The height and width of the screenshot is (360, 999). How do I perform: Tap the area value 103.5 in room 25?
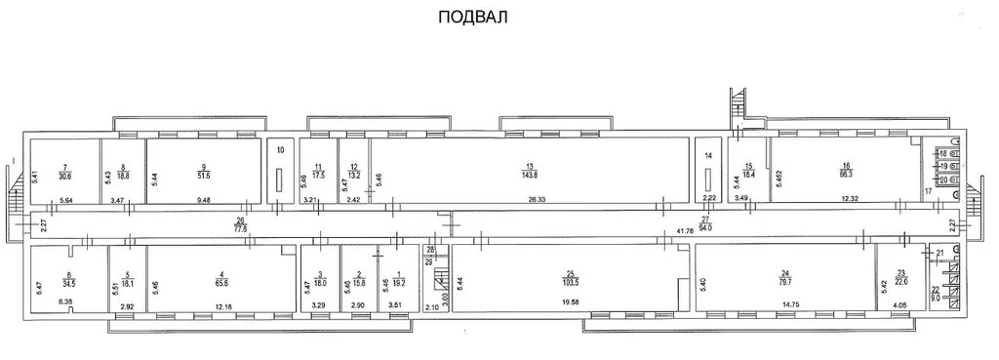point(571,283)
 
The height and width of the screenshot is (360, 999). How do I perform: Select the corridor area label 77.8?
point(241,227)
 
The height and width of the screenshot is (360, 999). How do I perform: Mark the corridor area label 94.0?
point(706,227)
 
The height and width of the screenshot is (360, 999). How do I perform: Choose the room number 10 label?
point(279,150)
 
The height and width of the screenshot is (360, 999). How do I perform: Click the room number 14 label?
point(709,155)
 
